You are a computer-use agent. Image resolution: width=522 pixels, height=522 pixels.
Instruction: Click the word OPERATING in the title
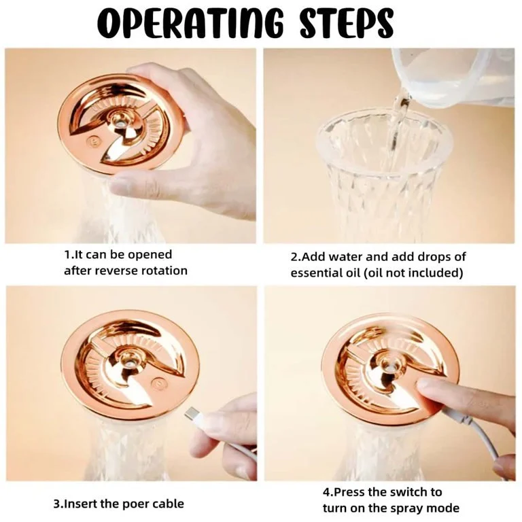[190, 22]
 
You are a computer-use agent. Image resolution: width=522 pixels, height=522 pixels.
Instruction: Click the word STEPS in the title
[347, 22]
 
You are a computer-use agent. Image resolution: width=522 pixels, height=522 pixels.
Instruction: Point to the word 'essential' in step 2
[315, 273]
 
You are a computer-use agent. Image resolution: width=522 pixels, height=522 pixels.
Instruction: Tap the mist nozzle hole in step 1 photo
[120, 123]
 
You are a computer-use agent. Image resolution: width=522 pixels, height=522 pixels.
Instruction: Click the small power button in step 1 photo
[92, 141]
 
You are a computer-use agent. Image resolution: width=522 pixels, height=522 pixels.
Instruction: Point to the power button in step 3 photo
[158, 383]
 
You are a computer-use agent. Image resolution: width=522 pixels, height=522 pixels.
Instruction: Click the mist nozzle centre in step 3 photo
[126, 363]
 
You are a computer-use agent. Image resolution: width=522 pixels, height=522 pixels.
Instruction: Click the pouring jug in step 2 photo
[453, 77]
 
